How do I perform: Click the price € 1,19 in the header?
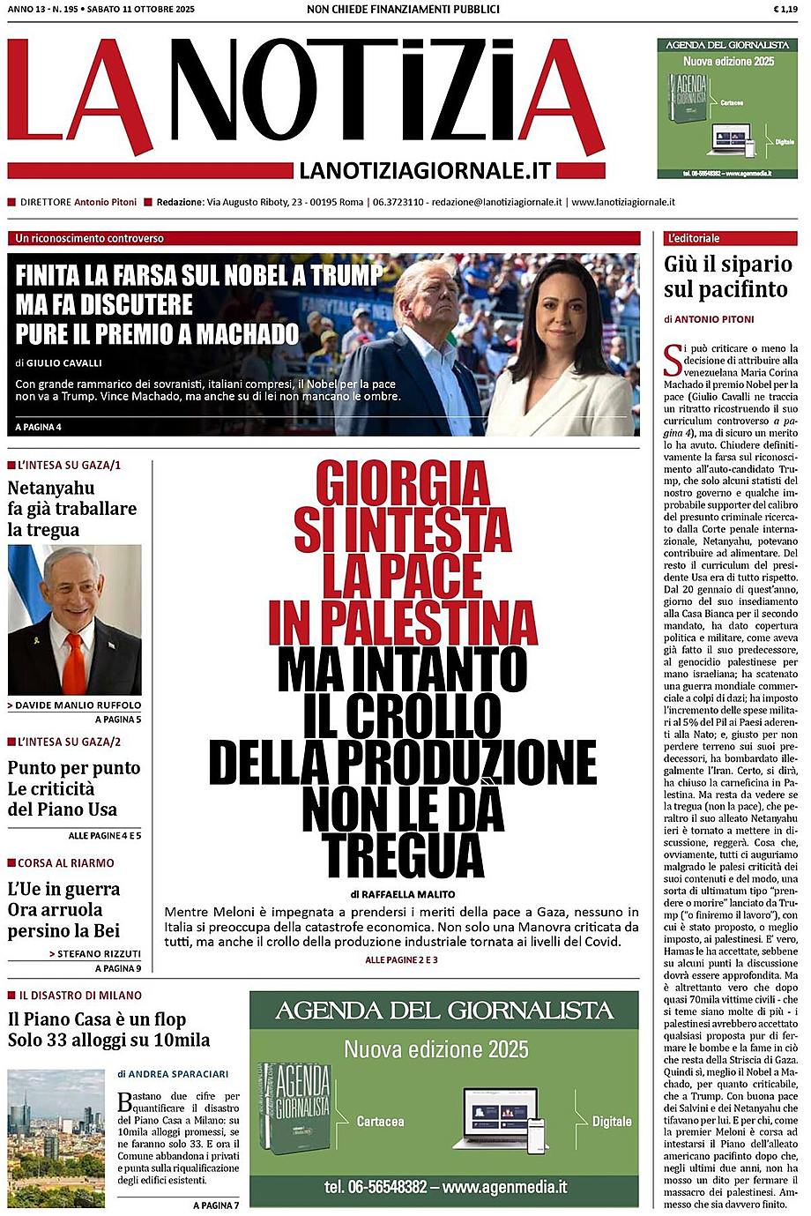tap(785, 9)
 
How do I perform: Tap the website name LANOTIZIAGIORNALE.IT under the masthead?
tap(425, 170)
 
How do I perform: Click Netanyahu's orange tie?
tap(74, 661)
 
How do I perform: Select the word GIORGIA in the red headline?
tap(403, 484)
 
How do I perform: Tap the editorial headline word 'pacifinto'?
tap(739, 289)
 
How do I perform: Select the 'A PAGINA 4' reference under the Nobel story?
tap(39, 427)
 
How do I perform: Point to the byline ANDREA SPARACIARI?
tap(178, 1074)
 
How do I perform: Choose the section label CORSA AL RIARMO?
tap(66, 862)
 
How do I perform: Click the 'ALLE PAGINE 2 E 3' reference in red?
tap(401, 959)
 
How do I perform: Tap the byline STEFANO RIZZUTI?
tap(100, 953)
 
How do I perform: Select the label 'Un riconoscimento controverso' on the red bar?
tap(90, 238)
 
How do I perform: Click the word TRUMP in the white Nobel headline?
tap(345, 275)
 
